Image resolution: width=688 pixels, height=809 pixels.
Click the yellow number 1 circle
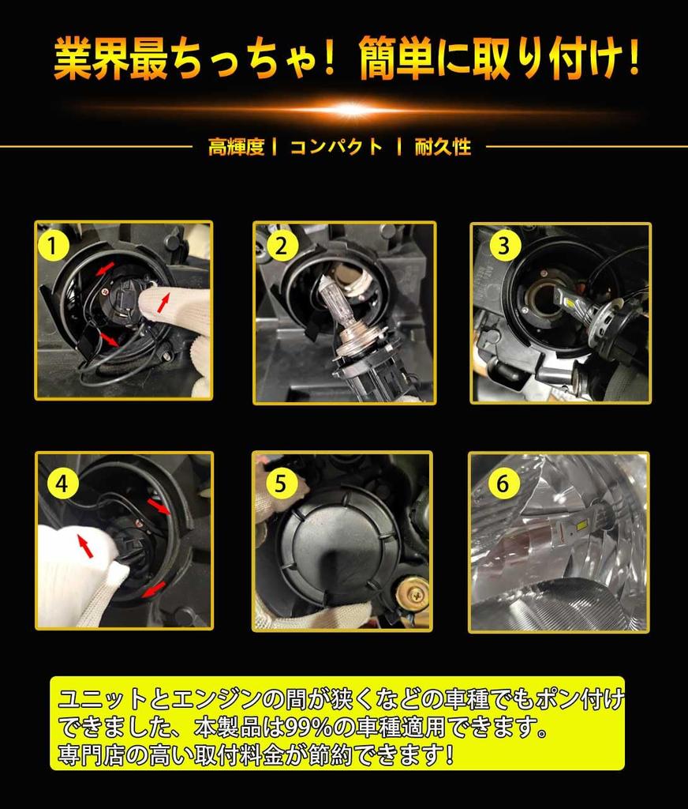(x=53, y=246)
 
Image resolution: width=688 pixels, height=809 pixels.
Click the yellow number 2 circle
(x=281, y=246)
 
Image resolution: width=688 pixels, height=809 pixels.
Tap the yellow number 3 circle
(x=503, y=246)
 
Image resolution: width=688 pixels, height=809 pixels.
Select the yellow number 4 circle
(x=62, y=484)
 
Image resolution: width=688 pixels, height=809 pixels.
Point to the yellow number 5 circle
(x=281, y=484)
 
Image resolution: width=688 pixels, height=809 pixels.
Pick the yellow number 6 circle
(x=503, y=484)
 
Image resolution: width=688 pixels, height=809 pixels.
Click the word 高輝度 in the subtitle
(x=237, y=147)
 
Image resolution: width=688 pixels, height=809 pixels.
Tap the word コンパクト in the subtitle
(x=336, y=147)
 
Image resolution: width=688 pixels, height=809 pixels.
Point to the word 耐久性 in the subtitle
(x=443, y=147)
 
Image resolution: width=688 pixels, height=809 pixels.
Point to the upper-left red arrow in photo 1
(x=106, y=268)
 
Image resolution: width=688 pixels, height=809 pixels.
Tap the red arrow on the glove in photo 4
(x=85, y=546)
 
